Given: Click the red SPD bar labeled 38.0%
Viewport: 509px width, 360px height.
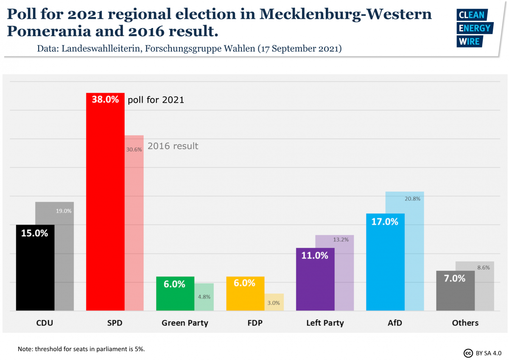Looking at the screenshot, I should pos(105,202).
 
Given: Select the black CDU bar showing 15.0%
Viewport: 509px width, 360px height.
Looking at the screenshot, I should pos(35,267).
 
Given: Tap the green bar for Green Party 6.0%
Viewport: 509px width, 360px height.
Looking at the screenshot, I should pos(175,293).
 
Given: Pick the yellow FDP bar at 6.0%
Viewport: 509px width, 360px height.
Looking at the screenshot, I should pos(245,293).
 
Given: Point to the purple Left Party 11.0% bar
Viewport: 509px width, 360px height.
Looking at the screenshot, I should pos(315,279).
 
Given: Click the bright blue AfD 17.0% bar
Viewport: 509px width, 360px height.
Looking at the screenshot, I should pos(385,262).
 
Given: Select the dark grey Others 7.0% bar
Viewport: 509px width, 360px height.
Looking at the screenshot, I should pos(455,291).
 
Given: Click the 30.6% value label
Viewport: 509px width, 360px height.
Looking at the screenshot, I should pos(134,149).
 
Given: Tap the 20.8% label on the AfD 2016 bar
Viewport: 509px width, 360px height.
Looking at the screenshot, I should pos(412,198).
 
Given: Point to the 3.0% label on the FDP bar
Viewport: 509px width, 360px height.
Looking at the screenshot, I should pos(274,303).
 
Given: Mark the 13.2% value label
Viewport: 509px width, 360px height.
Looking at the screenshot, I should pos(341,239).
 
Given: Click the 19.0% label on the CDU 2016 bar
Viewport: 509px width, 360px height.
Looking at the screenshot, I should pos(64,211).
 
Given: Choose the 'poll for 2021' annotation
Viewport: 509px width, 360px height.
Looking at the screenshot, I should pos(156,100).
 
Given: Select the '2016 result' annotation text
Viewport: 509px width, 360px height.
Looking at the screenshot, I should pos(173,146).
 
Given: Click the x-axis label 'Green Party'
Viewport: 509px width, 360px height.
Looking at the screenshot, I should pos(185,323).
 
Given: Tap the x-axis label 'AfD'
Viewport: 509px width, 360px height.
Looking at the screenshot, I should pos(394,323).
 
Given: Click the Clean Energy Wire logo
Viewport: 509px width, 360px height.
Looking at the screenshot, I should pos(474,28).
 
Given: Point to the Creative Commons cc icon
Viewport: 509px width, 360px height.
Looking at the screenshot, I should pos(468,353).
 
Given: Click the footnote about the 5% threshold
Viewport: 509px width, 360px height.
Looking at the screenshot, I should pos(81,349).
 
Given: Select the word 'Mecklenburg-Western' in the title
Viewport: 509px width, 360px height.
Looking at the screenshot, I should pos(346,14).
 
